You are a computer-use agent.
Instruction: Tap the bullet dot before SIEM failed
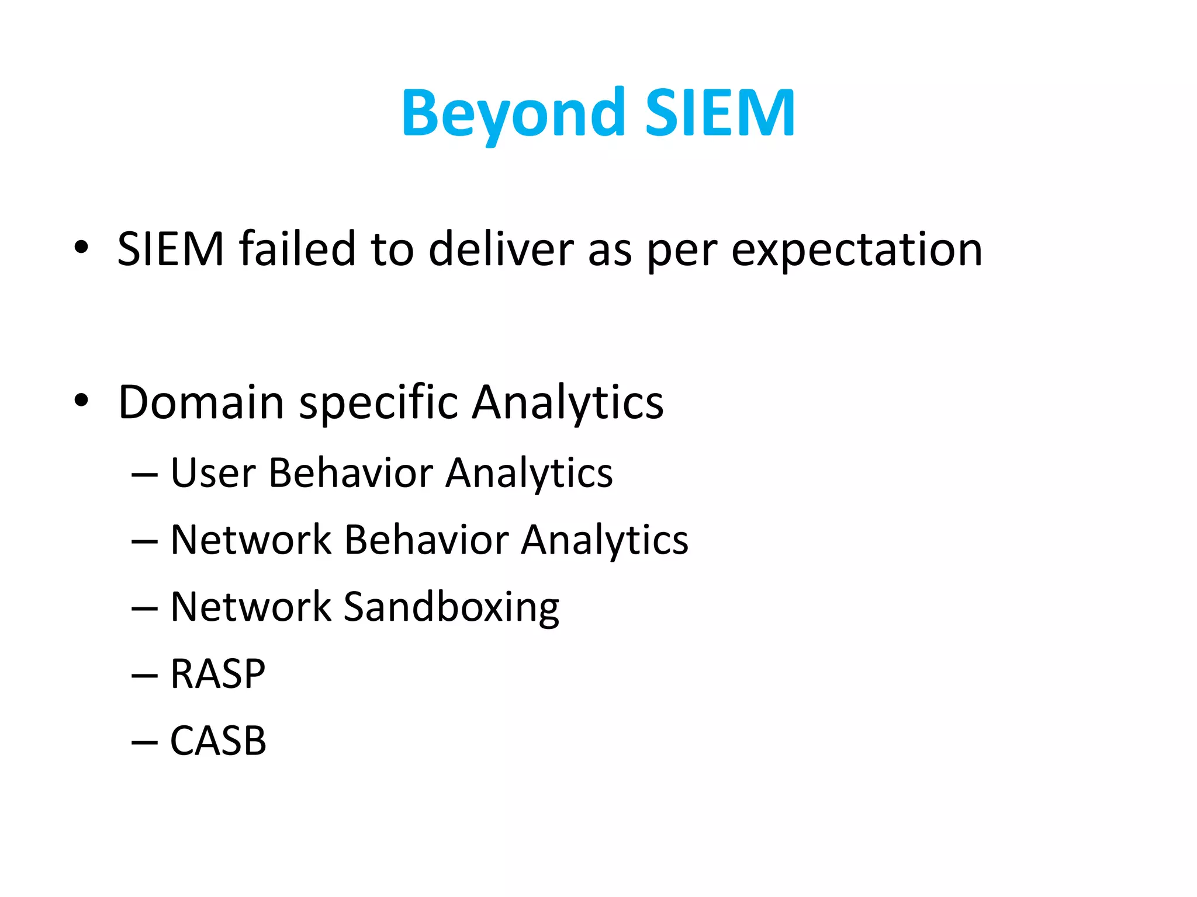click(x=81, y=248)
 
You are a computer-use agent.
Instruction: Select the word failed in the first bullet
click(x=297, y=249)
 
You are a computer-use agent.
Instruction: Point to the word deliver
click(x=501, y=249)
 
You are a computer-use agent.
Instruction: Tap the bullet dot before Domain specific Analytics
click(x=81, y=401)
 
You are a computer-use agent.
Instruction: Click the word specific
click(x=379, y=403)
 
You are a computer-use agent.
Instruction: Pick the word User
click(x=213, y=472)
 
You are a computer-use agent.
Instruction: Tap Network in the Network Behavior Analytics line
click(x=251, y=540)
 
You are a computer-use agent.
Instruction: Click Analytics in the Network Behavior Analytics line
click(x=604, y=541)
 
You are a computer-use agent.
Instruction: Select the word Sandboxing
click(x=451, y=608)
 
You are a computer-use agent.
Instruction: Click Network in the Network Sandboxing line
click(x=251, y=607)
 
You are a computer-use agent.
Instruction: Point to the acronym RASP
click(x=217, y=674)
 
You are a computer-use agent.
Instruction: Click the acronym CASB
click(x=218, y=741)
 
